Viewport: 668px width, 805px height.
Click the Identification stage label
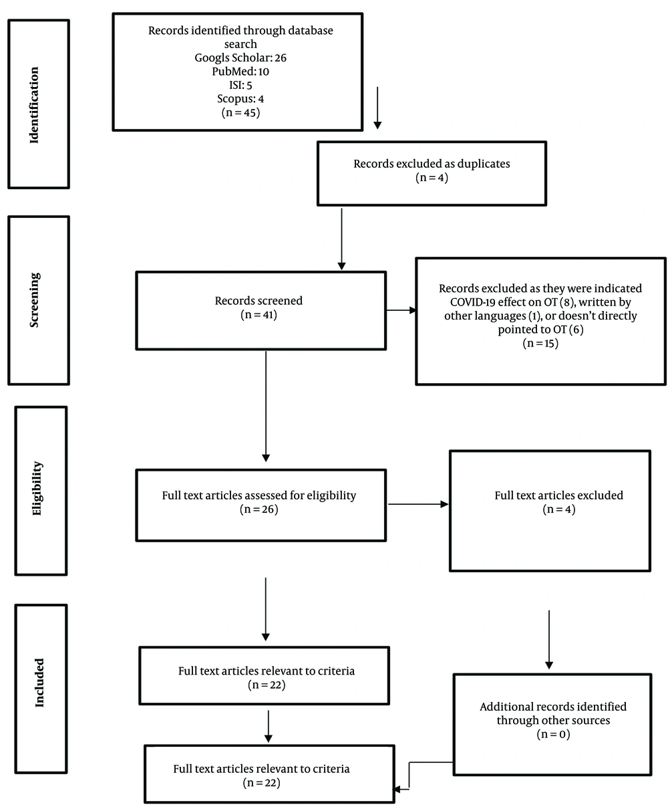pos(34,105)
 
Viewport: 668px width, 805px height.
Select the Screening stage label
pos(34,300)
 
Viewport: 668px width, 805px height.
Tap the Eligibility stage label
pos(37,489)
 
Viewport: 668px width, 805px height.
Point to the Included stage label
pos(39,683)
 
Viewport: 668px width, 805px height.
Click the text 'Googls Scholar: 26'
pos(240,57)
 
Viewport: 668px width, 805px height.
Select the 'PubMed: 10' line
pos(240,72)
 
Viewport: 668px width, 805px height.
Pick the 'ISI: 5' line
pos(240,85)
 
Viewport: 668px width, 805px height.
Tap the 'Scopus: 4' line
pos(240,99)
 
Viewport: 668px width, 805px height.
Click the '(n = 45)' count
pos(240,112)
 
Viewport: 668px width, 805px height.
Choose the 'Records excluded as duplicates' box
pos(432,173)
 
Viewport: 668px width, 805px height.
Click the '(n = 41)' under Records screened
pos(259,315)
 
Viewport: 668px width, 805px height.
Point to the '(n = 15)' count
pos(540,343)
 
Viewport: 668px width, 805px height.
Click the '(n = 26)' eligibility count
pos(259,509)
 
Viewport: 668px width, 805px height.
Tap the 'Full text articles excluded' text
pos(558,495)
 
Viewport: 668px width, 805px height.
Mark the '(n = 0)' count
pos(553,734)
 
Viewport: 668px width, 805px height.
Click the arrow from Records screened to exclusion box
pos(401,310)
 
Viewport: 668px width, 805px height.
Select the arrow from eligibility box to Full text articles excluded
pos(418,504)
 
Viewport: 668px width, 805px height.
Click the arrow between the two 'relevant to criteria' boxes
pos(268,726)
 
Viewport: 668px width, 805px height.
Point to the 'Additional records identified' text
pos(553,707)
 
